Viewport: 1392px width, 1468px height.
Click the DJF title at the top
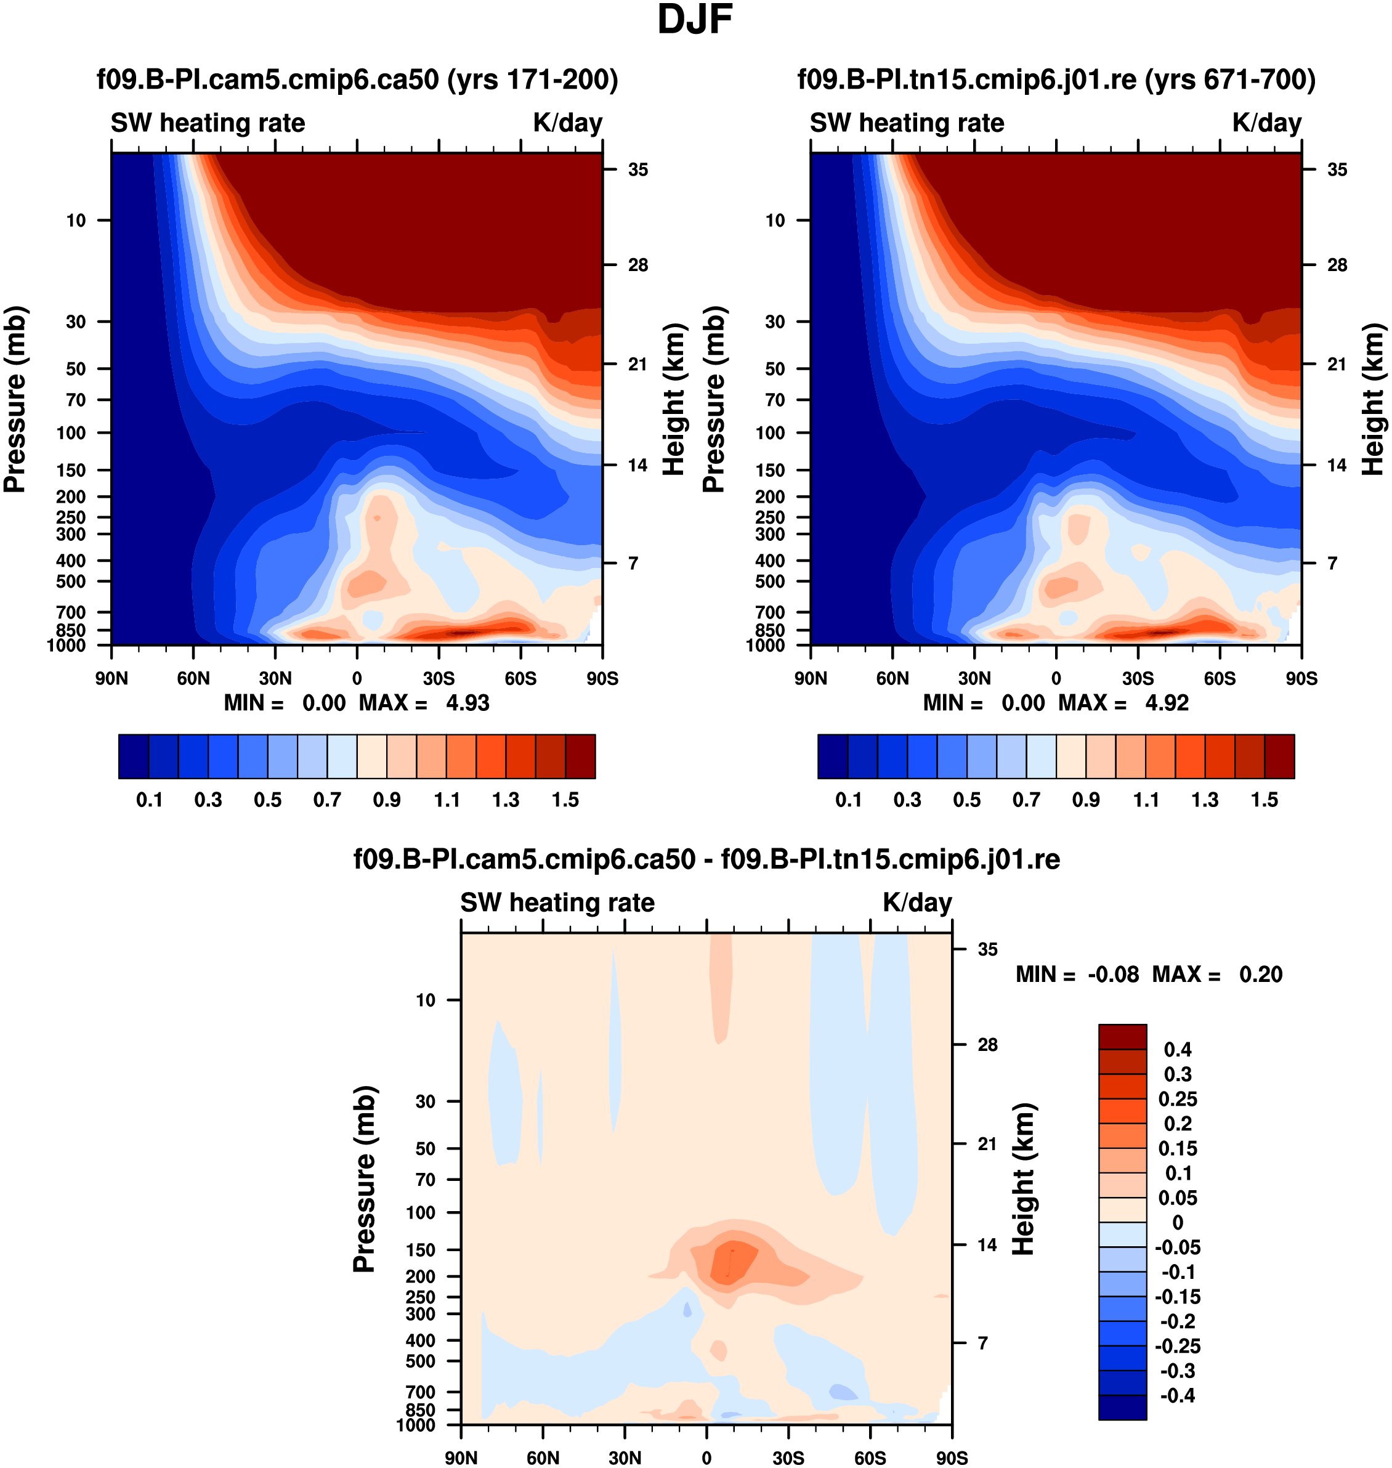click(x=695, y=20)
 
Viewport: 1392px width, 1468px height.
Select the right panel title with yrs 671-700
click(x=1056, y=79)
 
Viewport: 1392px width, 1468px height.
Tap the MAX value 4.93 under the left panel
click(x=467, y=703)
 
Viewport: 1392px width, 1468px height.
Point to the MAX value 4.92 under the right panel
click(x=1167, y=703)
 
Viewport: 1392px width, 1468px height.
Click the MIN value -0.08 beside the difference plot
click(x=1113, y=975)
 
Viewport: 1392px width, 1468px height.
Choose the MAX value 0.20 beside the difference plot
click(x=1261, y=975)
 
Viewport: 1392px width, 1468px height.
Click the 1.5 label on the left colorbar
click(x=565, y=800)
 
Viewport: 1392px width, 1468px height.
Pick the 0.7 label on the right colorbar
click(x=1026, y=800)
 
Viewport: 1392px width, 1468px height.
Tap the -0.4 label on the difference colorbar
click(x=1177, y=1395)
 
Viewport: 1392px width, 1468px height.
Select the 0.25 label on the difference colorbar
click(x=1178, y=1099)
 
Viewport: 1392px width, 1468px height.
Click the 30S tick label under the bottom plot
click(x=788, y=1458)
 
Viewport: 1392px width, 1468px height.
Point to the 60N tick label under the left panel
click(x=193, y=678)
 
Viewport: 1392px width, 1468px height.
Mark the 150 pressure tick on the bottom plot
click(x=421, y=1250)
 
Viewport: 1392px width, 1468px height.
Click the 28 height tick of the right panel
click(x=1337, y=265)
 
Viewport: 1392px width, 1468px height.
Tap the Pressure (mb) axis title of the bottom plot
click(x=365, y=1180)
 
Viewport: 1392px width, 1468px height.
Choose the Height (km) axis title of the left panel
click(x=673, y=399)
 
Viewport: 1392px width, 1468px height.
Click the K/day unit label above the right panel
click(x=1266, y=123)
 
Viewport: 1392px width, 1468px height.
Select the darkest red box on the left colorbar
click(x=580, y=756)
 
